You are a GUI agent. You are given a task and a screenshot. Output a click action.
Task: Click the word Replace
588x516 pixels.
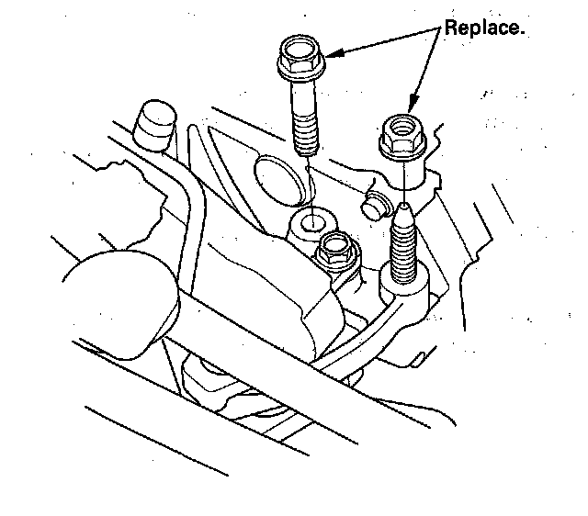[x=483, y=28]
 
